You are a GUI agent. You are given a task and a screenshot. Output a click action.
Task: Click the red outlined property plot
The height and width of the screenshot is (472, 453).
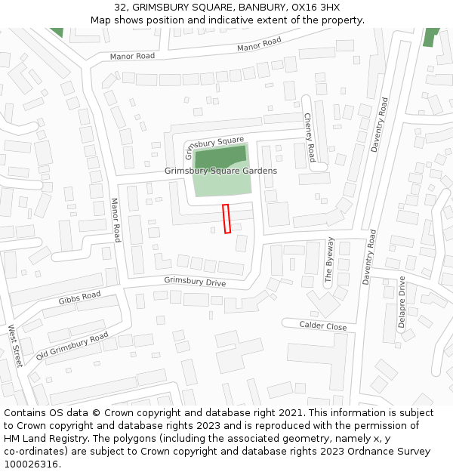(x=226, y=218)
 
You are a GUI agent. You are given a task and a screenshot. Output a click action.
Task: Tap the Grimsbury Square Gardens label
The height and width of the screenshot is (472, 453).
(x=220, y=171)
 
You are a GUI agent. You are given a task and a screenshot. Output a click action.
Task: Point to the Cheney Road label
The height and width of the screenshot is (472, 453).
(x=310, y=137)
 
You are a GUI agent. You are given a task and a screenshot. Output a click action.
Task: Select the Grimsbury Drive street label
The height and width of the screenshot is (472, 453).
(x=195, y=282)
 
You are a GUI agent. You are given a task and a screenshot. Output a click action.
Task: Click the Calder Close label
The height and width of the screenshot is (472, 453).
(x=323, y=326)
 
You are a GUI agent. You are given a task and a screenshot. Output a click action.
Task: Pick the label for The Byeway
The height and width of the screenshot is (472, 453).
(x=329, y=260)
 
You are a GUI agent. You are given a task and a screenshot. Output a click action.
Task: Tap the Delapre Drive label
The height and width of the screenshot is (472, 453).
(x=402, y=301)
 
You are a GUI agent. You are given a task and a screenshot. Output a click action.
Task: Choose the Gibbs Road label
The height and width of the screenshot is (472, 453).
(x=79, y=298)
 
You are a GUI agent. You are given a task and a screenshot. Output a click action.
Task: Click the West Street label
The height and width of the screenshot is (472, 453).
(x=15, y=346)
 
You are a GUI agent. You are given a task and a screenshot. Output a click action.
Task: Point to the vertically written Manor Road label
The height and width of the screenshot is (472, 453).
(x=116, y=220)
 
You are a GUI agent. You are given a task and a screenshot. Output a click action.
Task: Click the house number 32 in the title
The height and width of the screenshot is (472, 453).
(x=121, y=7)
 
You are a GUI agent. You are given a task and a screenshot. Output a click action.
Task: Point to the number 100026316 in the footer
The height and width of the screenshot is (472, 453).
(x=32, y=464)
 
